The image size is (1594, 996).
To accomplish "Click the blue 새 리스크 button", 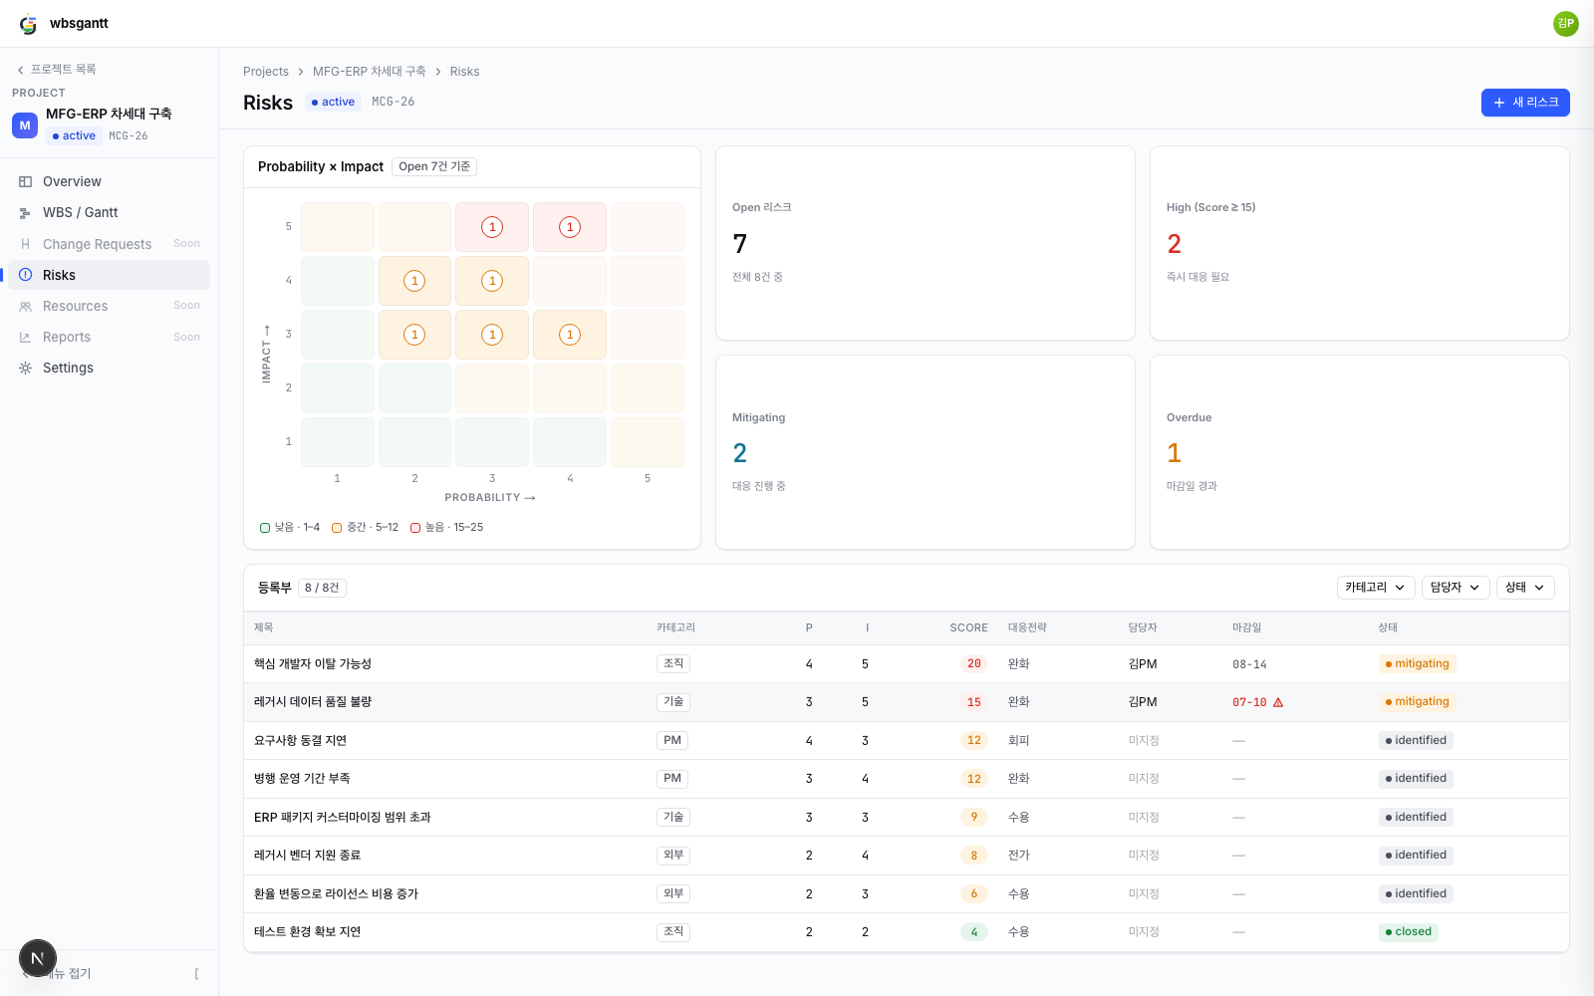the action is point(1525,103).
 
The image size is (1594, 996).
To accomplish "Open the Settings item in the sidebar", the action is point(68,368).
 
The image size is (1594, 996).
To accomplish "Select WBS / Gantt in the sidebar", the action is point(80,213).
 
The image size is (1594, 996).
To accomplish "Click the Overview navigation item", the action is point(72,181).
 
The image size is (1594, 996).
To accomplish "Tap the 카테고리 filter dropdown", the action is point(1375,588).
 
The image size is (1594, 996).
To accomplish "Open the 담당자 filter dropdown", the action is point(1456,588).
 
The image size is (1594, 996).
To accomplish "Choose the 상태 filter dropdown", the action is point(1525,588).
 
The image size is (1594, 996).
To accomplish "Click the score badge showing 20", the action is point(973,663).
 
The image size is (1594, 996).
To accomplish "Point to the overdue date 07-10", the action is point(1249,702).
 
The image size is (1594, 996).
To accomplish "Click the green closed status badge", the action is point(1408,932).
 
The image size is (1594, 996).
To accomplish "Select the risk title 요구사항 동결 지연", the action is point(300,741).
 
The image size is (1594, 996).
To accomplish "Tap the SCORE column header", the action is point(968,627).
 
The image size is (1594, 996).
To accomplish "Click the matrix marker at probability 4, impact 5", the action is point(569,227).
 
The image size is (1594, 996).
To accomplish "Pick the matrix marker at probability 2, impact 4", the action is point(414,281).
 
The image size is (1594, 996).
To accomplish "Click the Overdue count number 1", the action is point(1175,453).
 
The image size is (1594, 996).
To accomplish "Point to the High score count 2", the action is point(1175,244).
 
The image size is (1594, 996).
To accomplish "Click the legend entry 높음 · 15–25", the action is point(447,527).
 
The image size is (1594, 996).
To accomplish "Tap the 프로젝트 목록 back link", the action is point(57,69).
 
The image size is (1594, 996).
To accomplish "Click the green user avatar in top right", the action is point(1565,24).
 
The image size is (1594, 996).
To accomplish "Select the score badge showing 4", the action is point(973,932).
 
